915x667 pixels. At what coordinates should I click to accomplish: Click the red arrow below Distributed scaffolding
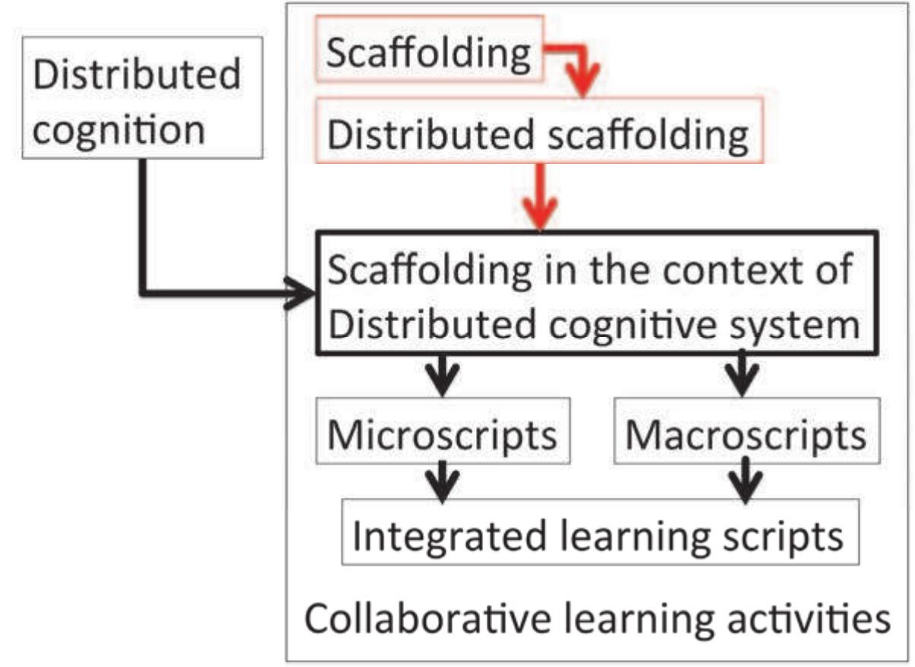click(540, 201)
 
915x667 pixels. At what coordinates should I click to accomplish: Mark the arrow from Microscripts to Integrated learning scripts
click(442, 480)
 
